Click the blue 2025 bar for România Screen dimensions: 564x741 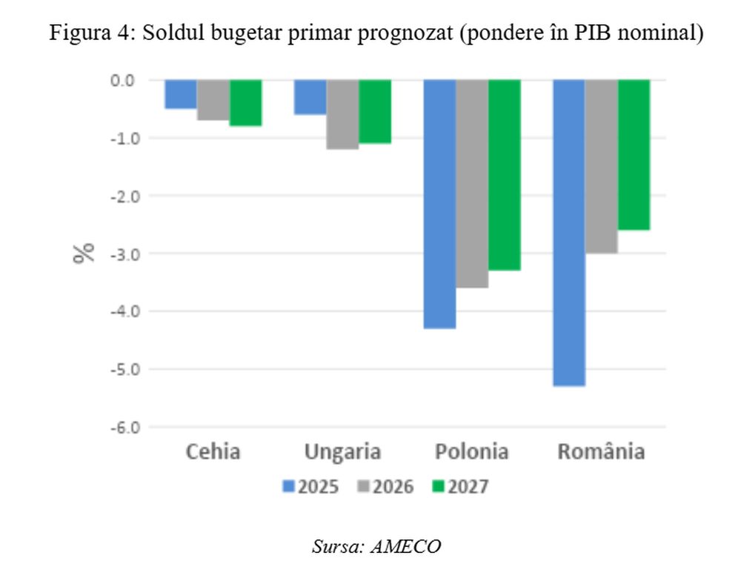tap(569, 233)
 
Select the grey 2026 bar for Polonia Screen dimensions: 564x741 tap(472, 184)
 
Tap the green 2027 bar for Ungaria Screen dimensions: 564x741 tap(375, 111)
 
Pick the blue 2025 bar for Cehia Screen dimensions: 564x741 tap(180, 94)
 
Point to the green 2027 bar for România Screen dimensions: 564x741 tap(634, 155)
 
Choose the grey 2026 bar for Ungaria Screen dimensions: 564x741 tap(342, 114)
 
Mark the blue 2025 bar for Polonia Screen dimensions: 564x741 tap(439, 204)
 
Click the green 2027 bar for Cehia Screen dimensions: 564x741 tap(245, 103)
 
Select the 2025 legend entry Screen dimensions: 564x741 tap(311, 487)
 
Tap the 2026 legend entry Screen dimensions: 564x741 tap(385, 487)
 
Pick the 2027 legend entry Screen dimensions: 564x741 tap(460, 487)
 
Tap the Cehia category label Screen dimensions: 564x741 tap(213, 451)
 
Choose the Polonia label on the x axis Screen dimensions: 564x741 tap(472, 451)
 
